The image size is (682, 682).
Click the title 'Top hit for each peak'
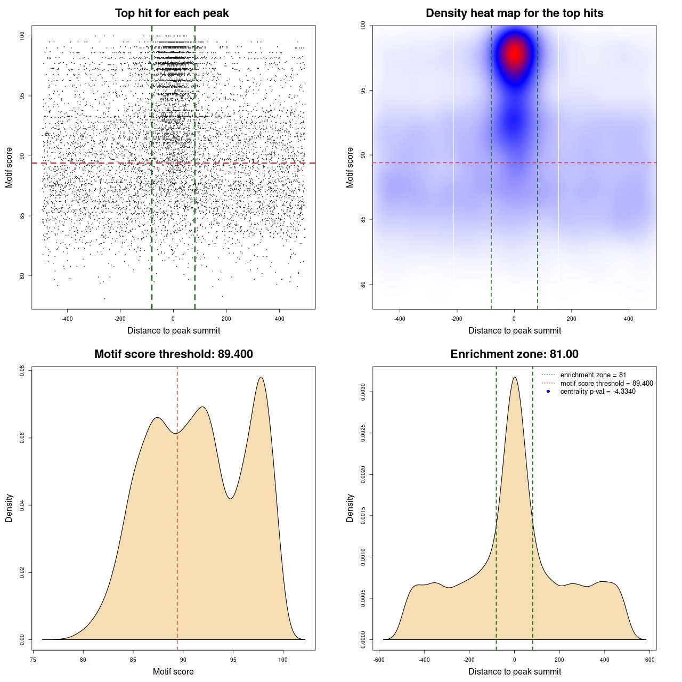pyautogui.click(x=172, y=13)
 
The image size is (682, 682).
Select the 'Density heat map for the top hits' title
pyautogui.click(x=514, y=13)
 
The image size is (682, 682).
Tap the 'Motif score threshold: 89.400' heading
pyautogui.click(x=173, y=354)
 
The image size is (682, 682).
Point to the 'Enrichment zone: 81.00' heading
pyautogui.click(x=514, y=354)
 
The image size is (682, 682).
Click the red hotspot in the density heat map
pyautogui.click(x=515, y=54)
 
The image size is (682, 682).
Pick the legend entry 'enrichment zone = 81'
pyautogui.click(x=593, y=375)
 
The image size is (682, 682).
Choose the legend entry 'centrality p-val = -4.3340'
pyautogui.click(x=598, y=392)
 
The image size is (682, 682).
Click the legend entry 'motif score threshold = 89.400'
pyautogui.click(x=606, y=383)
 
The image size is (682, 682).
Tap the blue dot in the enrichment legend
pyautogui.click(x=548, y=392)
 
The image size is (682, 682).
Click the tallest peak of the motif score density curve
pyautogui.click(x=261, y=377)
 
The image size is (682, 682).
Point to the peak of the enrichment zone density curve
pyautogui.click(x=515, y=377)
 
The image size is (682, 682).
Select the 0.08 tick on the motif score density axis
pyautogui.click(x=22, y=371)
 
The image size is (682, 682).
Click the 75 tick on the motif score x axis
pyautogui.click(x=33, y=660)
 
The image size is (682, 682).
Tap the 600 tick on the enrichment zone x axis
pyautogui.click(x=649, y=660)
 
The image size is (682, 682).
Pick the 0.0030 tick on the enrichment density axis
pyautogui.click(x=363, y=392)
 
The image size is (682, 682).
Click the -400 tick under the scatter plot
pyautogui.click(x=67, y=319)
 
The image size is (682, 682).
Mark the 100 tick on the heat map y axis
pyautogui.click(x=363, y=25)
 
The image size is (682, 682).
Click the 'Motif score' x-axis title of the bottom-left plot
pyautogui.click(x=173, y=671)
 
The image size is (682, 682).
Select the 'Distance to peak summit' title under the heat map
pyautogui.click(x=514, y=330)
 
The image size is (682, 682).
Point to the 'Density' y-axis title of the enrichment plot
pyautogui.click(x=350, y=508)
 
